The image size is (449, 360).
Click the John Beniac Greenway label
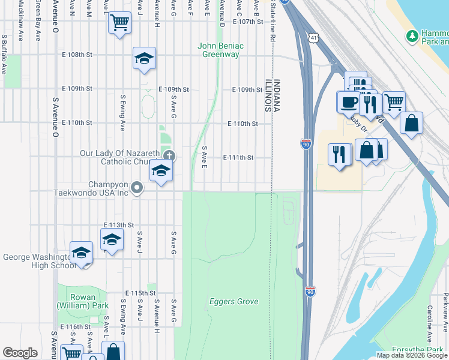219,50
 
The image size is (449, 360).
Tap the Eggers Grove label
234,302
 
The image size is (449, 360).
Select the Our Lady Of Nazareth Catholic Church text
120,157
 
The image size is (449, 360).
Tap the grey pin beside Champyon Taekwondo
137,188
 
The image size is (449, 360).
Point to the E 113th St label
118,224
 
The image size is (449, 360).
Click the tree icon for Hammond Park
412,37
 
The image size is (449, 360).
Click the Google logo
20,353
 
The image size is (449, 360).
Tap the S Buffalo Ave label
4,53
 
